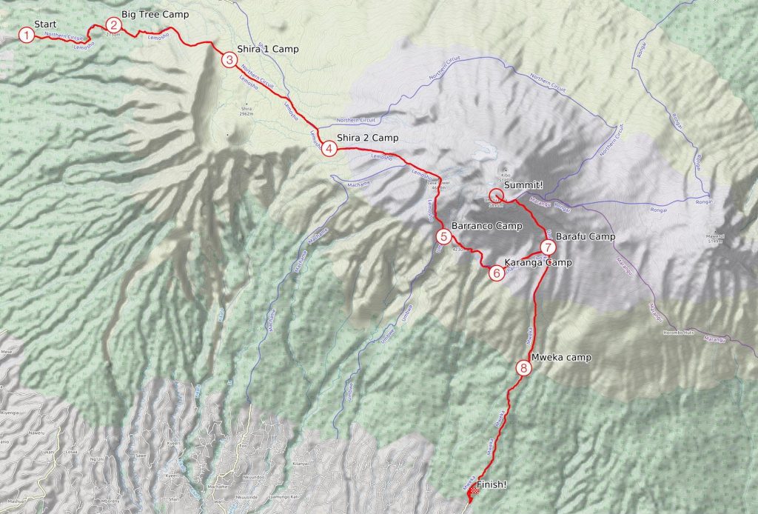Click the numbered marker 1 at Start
coord(26,35)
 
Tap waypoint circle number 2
coord(113,24)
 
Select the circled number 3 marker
coord(229,59)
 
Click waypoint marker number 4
coord(329,148)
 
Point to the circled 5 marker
coord(443,237)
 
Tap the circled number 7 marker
coord(548,247)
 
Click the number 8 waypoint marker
coord(523,367)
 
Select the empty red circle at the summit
coord(497,196)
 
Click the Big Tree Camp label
coord(155,15)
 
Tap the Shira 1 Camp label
coord(267,49)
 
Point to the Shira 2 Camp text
coord(367,138)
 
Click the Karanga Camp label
coord(537,262)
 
